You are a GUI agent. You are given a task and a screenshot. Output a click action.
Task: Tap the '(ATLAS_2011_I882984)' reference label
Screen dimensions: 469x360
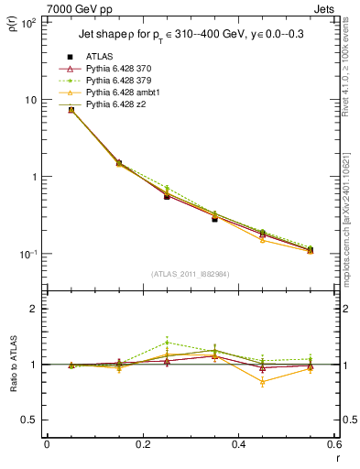click(190, 274)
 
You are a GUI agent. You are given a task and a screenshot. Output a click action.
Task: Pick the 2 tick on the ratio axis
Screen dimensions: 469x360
click(35, 309)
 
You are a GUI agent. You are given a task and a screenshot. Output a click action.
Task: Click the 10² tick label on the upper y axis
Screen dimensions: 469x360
click(27, 23)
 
